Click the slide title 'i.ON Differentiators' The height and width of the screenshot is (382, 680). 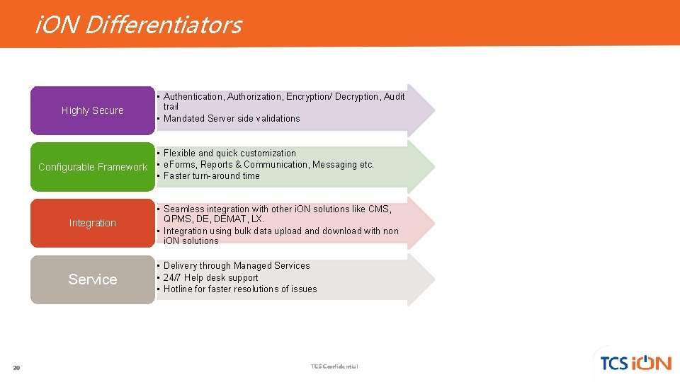[x=138, y=25]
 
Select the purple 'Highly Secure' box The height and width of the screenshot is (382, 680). [x=92, y=110]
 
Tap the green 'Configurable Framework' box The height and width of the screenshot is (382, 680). [x=92, y=167]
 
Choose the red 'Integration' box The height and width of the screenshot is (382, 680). [x=92, y=223]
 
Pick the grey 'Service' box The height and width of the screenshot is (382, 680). [x=92, y=279]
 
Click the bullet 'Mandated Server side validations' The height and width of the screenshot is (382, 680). [x=232, y=118]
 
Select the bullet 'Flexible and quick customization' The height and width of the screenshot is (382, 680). [x=229, y=153]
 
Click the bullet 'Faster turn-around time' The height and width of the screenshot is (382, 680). [x=211, y=175]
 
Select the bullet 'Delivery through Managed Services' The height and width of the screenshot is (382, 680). [x=237, y=265]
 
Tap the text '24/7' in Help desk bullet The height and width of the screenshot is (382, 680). [x=172, y=277]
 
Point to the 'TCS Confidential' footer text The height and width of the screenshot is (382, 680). [x=334, y=366]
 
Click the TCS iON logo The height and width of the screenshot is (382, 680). [x=635, y=362]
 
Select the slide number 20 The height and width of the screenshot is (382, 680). [x=16, y=367]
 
